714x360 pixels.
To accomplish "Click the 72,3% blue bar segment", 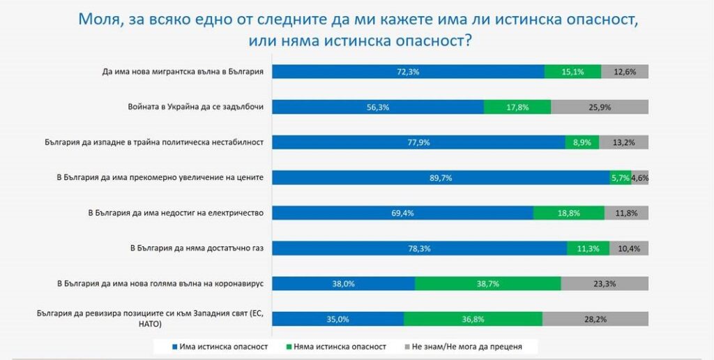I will coord(408,71).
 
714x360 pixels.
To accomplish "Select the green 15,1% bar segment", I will coord(572,71).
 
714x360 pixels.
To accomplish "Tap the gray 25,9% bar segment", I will coord(600,107).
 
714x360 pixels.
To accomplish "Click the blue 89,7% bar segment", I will coord(441,178).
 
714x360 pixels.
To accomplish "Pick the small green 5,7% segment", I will coord(620,178).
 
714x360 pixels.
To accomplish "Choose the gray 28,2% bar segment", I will coord(595,319).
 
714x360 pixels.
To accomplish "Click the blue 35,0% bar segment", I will coord(337,319).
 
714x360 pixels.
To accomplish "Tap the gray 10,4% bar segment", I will coord(629,248).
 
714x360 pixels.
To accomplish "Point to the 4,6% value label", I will coord(640,178).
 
